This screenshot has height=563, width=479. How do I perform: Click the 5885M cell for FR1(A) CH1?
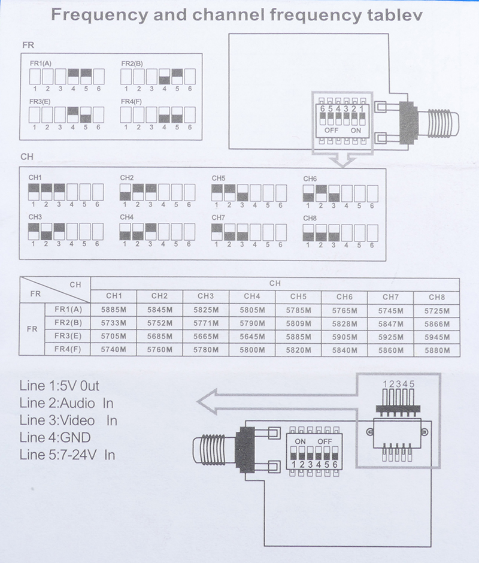click(113, 310)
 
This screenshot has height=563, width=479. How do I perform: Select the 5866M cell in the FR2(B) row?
click(436, 323)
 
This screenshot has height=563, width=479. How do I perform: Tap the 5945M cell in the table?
click(436, 337)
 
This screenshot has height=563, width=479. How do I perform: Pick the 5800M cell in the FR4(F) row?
click(251, 350)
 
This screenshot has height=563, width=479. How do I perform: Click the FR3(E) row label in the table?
click(68, 337)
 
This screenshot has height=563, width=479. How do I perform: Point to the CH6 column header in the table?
click(344, 296)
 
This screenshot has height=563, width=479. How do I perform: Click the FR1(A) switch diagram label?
click(41, 63)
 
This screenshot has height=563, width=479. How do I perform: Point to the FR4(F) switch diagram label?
click(132, 101)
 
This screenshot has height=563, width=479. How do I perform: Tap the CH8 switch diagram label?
click(310, 218)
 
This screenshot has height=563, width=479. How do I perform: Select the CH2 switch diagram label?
click(126, 178)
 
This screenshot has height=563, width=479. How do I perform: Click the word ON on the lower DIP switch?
click(300, 441)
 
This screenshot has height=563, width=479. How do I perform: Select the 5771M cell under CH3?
click(205, 323)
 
